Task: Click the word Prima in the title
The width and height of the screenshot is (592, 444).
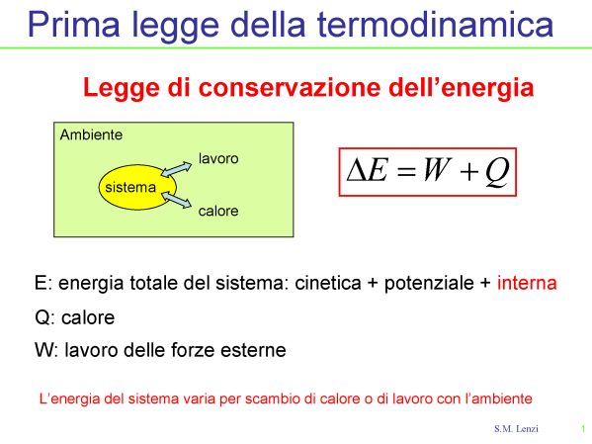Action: pyautogui.click(x=73, y=24)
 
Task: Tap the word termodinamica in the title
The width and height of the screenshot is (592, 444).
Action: pyautogui.click(x=435, y=24)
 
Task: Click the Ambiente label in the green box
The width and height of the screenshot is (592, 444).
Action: pyautogui.click(x=91, y=134)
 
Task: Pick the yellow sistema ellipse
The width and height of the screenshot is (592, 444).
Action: pyautogui.click(x=137, y=187)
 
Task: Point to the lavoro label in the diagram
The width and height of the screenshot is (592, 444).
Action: pyautogui.click(x=218, y=158)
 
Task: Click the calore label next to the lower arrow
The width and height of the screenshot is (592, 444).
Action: pyautogui.click(x=218, y=211)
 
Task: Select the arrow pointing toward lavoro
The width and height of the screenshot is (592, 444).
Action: pyautogui.click(x=176, y=169)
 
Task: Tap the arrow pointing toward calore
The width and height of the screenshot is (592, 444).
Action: pyautogui.click(x=176, y=200)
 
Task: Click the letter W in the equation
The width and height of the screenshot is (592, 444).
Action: pyautogui.click(x=437, y=170)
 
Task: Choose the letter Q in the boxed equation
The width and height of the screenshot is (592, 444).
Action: pyautogui.click(x=497, y=172)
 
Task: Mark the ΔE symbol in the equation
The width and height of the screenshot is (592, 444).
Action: pyautogui.click(x=368, y=170)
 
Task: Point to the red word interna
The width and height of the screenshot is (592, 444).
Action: pyautogui.click(x=527, y=283)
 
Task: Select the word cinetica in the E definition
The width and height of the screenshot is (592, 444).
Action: pyautogui.click(x=328, y=283)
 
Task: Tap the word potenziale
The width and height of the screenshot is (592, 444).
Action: pyautogui.click(x=429, y=284)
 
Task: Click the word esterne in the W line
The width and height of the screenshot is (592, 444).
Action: pyautogui.click(x=253, y=350)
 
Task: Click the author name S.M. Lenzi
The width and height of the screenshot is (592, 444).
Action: pyautogui.click(x=516, y=429)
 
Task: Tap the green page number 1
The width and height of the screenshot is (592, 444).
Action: pyautogui.click(x=583, y=429)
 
